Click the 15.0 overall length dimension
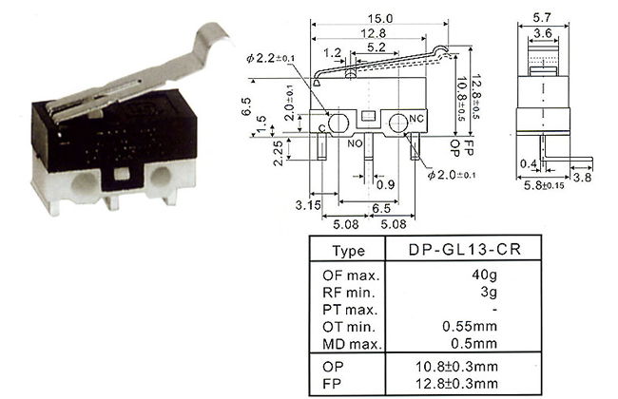(x=380, y=18)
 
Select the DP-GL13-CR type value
(x=465, y=249)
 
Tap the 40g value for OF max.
(x=484, y=275)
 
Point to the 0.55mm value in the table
(x=470, y=326)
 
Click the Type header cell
(x=348, y=251)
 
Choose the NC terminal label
(x=416, y=119)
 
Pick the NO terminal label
(x=355, y=143)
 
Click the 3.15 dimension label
(x=308, y=205)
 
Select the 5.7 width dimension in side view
(x=542, y=18)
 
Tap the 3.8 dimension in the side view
(x=582, y=178)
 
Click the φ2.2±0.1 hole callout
(x=270, y=58)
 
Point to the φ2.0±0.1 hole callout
(x=452, y=175)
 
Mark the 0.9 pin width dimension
(x=385, y=184)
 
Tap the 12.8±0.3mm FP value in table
(x=456, y=383)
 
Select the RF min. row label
(x=348, y=293)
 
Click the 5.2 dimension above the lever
(x=376, y=47)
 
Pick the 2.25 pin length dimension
(x=278, y=153)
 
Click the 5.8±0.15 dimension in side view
(x=544, y=185)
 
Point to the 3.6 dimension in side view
(x=543, y=33)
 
